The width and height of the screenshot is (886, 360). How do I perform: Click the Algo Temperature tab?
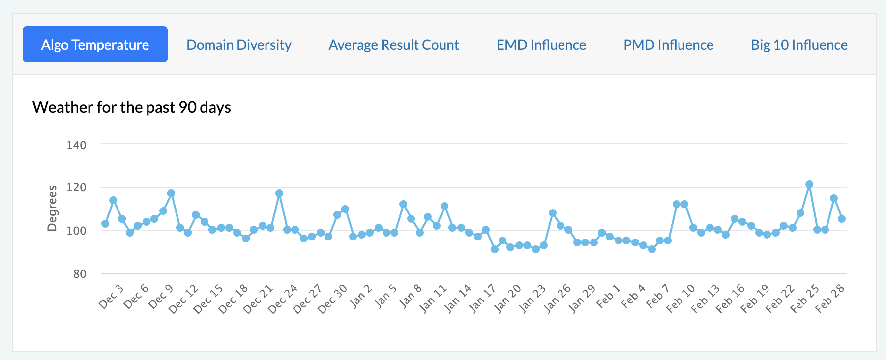(95, 45)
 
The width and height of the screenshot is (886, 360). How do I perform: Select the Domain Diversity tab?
(239, 45)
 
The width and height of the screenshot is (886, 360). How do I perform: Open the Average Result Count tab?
(394, 45)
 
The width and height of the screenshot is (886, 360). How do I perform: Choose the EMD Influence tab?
(541, 45)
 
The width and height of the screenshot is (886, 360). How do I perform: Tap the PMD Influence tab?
(668, 45)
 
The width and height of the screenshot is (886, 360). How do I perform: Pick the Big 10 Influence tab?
(799, 45)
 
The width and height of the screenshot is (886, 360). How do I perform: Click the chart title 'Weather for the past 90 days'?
(132, 107)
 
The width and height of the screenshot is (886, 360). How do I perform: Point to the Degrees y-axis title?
(52, 208)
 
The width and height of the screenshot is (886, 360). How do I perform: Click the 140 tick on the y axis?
(76, 145)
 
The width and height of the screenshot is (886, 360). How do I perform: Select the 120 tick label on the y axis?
(76, 187)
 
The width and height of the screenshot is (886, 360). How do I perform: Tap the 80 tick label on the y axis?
(80, 273)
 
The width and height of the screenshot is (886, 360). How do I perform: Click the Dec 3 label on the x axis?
(111, 297)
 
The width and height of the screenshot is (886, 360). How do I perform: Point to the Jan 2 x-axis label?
(361, 297)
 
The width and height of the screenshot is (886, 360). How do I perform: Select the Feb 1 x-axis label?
(609, 297)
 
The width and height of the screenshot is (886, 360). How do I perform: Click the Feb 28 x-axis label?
(830, 299)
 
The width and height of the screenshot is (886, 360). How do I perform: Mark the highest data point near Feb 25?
(809, 184)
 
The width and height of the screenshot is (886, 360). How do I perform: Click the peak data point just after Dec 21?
(279, 193)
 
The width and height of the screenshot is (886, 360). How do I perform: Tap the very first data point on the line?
(105, 224)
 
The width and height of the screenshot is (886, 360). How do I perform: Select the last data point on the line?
(842, 219)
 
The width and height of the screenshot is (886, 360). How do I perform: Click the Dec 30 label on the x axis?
(332, 299)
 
